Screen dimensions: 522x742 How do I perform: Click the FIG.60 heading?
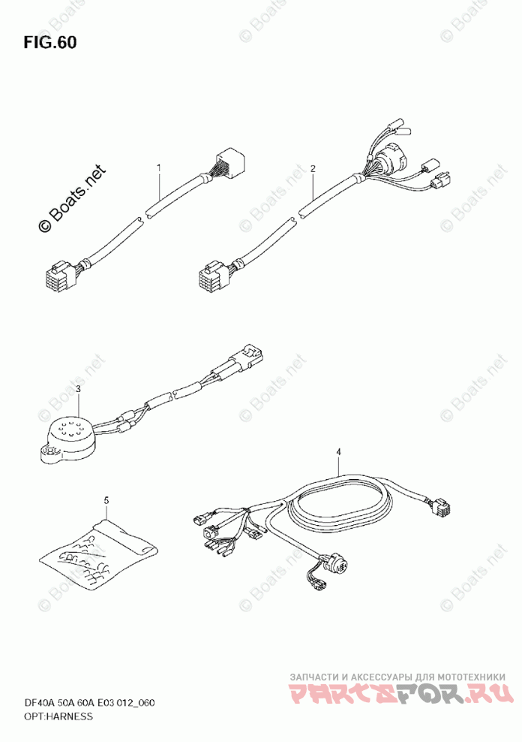click(49, 42)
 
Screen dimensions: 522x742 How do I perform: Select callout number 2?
click(313, 168)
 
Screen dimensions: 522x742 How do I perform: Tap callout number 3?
click(78, 389)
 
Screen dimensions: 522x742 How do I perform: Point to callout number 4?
click(338, 451)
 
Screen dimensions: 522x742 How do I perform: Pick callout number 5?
click(106, 499)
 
